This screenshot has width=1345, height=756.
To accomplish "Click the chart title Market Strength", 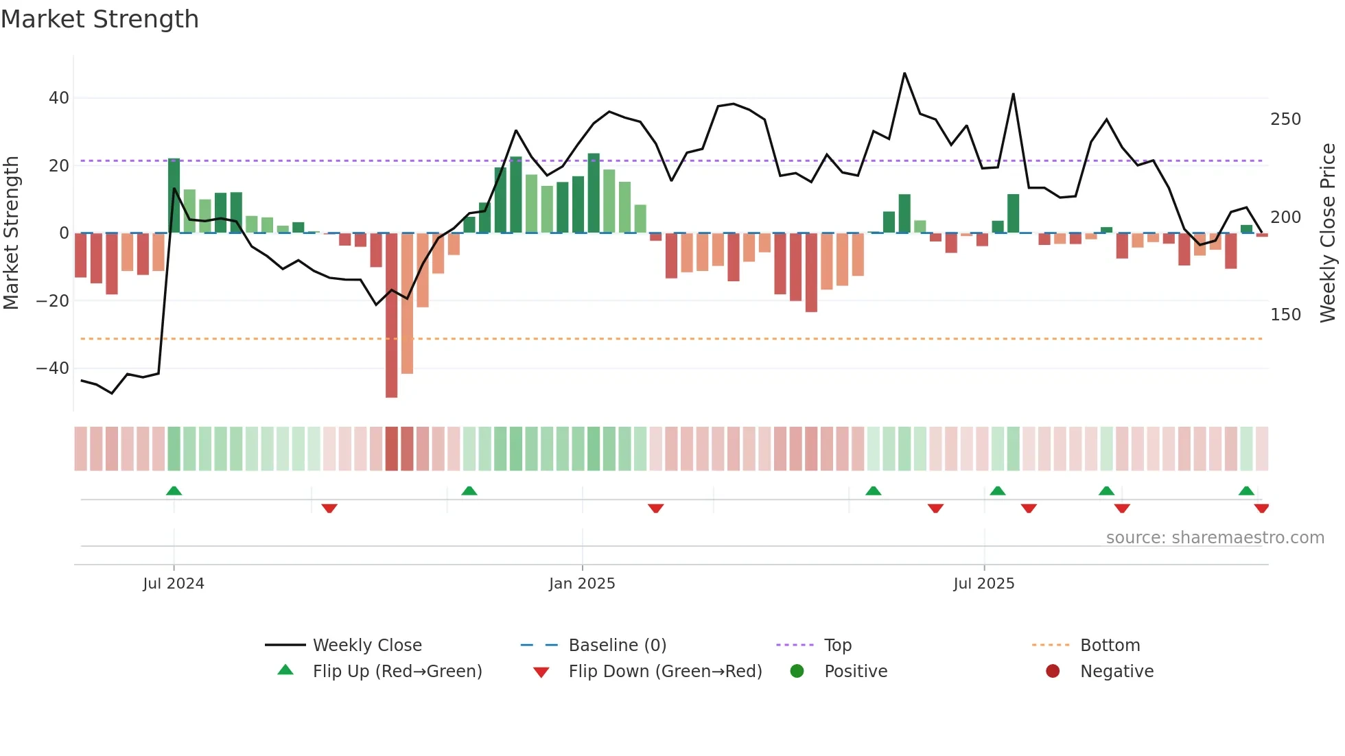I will click(100, 19).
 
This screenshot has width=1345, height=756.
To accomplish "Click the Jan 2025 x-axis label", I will click(582, 584).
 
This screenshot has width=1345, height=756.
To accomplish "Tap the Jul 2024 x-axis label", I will click(174, 584).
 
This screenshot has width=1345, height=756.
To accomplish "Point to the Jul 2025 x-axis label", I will click(983, 584).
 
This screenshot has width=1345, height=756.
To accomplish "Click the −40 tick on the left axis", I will click(54, 368).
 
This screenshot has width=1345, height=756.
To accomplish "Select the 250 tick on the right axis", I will click(1285, 119).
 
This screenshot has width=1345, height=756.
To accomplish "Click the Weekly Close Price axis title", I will click(1328, 233).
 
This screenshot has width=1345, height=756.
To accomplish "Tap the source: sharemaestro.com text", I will click(1215, 538).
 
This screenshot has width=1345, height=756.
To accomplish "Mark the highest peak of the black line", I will click(904, 73).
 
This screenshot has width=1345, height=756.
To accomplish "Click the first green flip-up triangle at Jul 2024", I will click(174, 491).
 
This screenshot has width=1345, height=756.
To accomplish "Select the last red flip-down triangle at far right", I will click(1261, 508).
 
